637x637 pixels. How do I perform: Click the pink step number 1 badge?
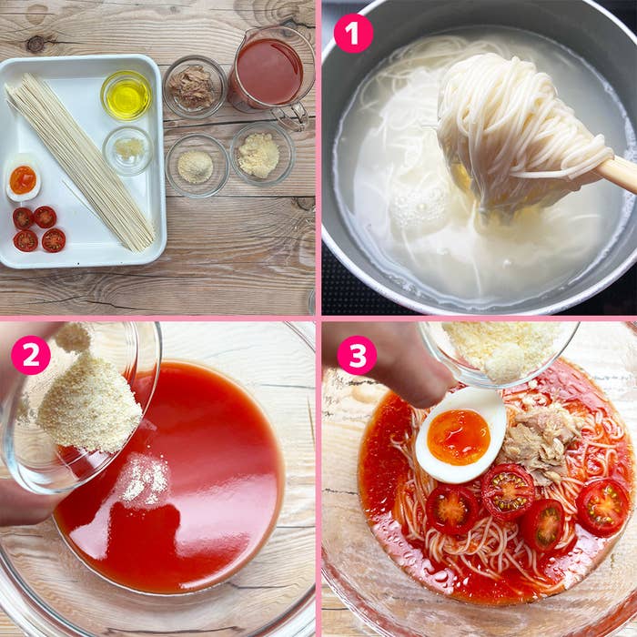(x=353, y=33)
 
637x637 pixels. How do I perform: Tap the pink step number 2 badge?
(x=31, y=354)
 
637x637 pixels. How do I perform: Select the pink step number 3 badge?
(x=357, y=355)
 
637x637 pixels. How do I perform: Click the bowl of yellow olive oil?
(x=126, y=96)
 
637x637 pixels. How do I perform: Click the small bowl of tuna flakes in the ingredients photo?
(x=194, y=86)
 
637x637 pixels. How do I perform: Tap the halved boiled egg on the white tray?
(x=23, y=178)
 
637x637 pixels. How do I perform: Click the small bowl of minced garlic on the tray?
(x=128, y=150)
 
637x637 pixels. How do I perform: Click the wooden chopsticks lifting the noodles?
(x=615, y=174)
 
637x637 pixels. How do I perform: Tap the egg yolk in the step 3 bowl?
(x=459, y=437)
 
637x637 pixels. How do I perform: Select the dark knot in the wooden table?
(x=35, y=44)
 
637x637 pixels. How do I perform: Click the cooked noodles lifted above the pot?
(x=520, y=130)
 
